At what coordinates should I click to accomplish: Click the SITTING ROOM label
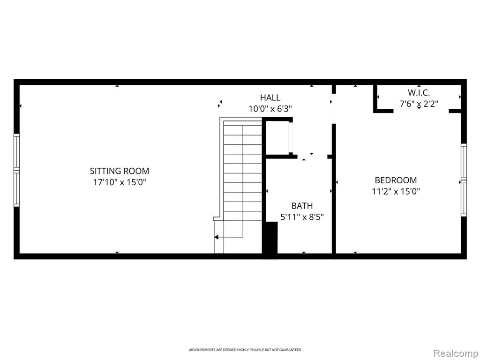pos(120,171)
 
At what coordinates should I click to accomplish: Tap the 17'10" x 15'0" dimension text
pos(120,182)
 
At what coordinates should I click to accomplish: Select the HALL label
pos(270,97)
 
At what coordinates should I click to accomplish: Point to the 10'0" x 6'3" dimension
pos(270,109)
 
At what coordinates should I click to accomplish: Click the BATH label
pos(302,206)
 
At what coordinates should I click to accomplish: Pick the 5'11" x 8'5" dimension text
pos(302,217)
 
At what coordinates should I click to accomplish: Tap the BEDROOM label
pos(396,180)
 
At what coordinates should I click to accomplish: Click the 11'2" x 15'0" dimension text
pos(396,192)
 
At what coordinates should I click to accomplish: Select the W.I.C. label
pos(419,92)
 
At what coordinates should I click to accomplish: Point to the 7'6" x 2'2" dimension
pos(419,104)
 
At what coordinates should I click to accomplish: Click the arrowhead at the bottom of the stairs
pos(216,237)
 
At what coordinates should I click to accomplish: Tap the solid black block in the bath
pos(271,238)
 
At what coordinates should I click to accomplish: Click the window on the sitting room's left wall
pos(16,170)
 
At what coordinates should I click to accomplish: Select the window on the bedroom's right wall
pos(464,180)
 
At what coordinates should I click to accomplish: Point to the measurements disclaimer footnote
pos(245,350)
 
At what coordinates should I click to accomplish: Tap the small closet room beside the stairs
pos(277,137)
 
